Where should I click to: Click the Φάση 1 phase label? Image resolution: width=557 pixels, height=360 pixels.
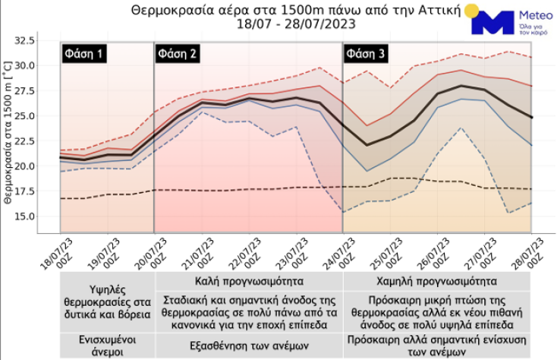click(x=83, y=54)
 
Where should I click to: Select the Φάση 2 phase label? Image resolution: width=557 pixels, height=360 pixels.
click(x=178, y=54)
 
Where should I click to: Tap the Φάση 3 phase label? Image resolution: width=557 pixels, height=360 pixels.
click(x=366, y=54)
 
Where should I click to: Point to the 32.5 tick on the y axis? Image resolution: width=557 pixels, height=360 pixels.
click(x=47, y=40)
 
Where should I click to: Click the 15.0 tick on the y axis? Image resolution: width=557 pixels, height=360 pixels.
click(x=47, y=216)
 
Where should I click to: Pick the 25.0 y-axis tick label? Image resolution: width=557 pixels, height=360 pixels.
click(x=47, y=115)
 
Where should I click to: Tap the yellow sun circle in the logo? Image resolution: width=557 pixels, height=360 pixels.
click(x=471, y=11)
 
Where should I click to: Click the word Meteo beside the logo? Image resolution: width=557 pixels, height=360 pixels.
click(x=534, y=14)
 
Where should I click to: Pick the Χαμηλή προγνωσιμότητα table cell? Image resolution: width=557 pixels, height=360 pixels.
click(x=438, y=279)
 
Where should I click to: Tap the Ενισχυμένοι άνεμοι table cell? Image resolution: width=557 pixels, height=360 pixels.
click(x=108, y=342)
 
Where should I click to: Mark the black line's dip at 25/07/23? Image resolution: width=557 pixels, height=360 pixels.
click(x=367, y=145)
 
